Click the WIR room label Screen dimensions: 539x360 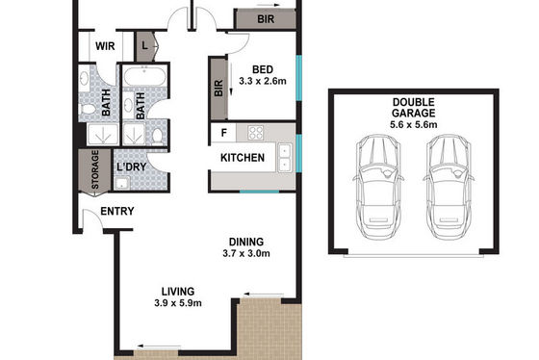105,46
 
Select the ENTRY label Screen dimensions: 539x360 117,211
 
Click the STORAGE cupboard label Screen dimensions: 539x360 95,169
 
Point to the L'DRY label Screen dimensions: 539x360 132,167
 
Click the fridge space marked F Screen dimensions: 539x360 223,133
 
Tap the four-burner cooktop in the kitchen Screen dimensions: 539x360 256,133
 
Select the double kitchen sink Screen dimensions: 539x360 285,158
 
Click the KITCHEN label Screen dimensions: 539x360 243,158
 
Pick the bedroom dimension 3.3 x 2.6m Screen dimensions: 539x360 263,81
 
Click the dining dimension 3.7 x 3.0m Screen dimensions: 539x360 246,254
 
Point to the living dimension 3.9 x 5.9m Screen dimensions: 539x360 178,303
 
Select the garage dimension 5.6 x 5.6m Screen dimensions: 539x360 414,124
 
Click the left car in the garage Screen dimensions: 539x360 378,187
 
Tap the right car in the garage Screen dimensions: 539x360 449,187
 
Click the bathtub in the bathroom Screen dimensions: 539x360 144,76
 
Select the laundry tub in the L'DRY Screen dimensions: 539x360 121,183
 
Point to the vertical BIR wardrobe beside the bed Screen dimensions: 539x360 218,89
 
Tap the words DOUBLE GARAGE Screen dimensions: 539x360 414,108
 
